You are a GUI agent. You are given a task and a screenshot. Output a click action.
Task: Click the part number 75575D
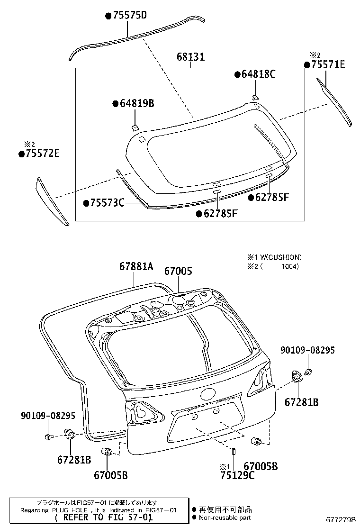pyautogui.click(x=128, y=16)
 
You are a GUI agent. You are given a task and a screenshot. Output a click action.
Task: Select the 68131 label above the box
pyautogui.click(x=190, y=57)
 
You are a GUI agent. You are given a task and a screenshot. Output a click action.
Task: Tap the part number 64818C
pyautogui.click(x=258, y=74)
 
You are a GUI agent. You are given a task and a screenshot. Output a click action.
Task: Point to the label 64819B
pyautogui.click(x=136, y=104)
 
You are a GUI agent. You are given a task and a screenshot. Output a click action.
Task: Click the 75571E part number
pyautogui.click(x=328, y=65)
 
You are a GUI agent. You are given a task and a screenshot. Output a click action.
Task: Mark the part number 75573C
pyautogui.click(x=107, y=203)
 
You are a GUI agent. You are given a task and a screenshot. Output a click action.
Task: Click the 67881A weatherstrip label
pyautogui.click(x=136, y=267)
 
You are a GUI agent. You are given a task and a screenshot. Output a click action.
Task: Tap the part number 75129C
pyautogui.click(x=237, y=475)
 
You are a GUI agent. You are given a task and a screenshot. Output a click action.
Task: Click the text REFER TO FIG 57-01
pyautogui.click(x=104, y=518)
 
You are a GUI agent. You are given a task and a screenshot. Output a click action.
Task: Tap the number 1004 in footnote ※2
pyautogui.click(x=289, y=266)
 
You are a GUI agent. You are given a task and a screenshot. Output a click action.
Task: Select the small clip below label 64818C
pyautogui.click(x=255, y=97)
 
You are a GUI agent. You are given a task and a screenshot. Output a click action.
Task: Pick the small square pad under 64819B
pyautogui.click(x=135, y=127)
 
